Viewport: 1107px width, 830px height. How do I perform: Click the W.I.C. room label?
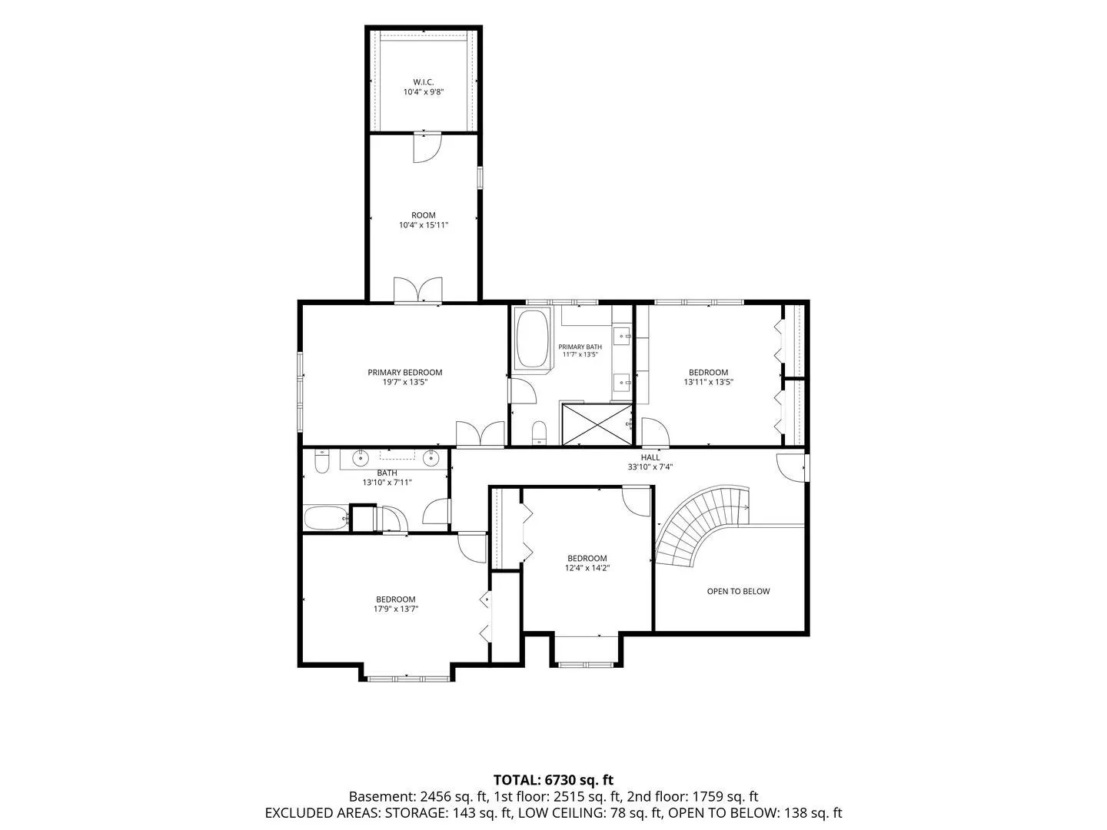pos(423,87)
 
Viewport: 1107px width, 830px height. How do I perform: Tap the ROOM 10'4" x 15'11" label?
pos(423,220)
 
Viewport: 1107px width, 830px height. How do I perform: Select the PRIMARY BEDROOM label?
pos(404,377)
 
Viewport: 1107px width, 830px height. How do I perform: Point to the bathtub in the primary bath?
pos(531,339)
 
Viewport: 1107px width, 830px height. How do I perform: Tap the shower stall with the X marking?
pos(597,424)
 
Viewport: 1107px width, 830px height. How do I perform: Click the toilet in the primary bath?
pos(539,433)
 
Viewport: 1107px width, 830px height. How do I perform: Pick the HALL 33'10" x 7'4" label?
pos(650,462)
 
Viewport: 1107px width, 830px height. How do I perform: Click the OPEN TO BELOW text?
pos(738,591)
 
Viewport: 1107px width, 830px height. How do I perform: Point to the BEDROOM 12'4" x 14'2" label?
pos(587,563)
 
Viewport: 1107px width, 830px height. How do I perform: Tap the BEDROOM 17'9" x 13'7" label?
pos(395,604)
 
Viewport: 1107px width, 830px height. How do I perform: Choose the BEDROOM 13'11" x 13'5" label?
pos(708,377)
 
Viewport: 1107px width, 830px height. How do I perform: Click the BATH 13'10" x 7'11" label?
pos(387,477)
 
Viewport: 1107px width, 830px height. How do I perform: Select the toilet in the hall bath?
pos(322,462)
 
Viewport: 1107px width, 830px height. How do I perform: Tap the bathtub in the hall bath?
pos(326,518)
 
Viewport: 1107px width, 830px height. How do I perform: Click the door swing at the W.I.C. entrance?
pos(427,148)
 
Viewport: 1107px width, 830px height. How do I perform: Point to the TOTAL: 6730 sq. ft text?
pos(553,781)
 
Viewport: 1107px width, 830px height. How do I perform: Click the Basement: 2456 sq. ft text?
pos(419,797)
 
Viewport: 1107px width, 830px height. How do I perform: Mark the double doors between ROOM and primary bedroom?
pos(417,290)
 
